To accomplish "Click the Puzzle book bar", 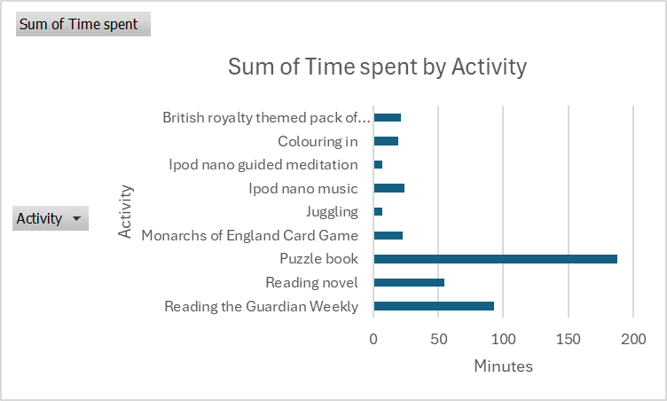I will (x=495, y=259).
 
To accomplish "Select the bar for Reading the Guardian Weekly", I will (x=434, y=306).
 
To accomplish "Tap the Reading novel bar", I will (x=409, y=283).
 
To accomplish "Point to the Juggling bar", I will (x=379, y=212).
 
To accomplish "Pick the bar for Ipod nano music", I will (x=389, y=188).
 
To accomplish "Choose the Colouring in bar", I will (x=386, y=141).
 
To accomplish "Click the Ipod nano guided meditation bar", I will (x=379, y=165).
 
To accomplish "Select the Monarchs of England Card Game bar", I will (x=388, y=235).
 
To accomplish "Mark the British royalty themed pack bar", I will (x=388, y=117).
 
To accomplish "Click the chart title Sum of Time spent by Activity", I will (x=377, y=67).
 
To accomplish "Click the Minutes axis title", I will (x=503, y=366).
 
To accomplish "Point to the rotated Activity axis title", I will (x=125, y=211).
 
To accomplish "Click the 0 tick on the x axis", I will (x=374, y=340).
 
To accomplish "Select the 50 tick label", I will (x=438, y=340).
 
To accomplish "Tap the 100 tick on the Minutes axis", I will (x=503, y=340).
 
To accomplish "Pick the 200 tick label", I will (x=632, y=340).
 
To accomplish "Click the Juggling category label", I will (x=332, y=212).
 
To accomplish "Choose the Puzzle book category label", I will (x=318, y=259).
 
